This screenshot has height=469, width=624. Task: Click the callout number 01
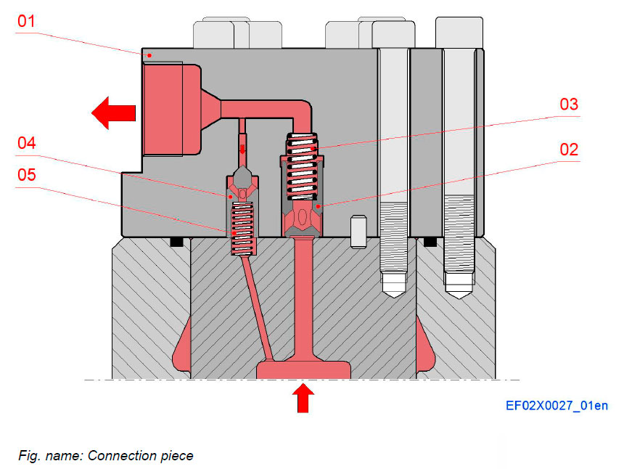tap(26, 20)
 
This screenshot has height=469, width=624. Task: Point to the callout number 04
tap(26, 143)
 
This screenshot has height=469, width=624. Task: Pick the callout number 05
tap(26, 176)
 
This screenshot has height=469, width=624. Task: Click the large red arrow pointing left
tap(114, 112)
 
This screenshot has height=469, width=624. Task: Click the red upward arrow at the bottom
tap(304, 398)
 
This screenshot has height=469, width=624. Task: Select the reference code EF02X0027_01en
tap(557, 406)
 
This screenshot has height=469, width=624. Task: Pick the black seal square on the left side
tap(174, 242)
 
